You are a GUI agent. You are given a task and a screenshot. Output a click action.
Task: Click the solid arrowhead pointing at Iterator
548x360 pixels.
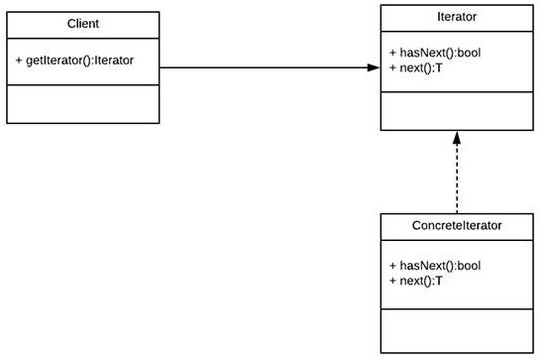click(373, 67)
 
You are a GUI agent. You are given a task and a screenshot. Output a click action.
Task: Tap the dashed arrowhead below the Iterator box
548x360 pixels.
click(457, 138)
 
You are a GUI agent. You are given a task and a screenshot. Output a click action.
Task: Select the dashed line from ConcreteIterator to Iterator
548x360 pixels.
click(457, 179)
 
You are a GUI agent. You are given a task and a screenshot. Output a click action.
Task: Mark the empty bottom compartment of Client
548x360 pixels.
click(84, 103)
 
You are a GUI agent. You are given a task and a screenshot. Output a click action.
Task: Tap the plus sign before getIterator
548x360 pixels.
click(20, 60)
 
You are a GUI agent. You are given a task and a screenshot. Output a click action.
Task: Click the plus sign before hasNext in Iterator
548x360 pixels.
click(393, 52)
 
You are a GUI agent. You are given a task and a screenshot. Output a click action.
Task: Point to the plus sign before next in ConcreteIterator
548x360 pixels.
click(393, 281)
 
